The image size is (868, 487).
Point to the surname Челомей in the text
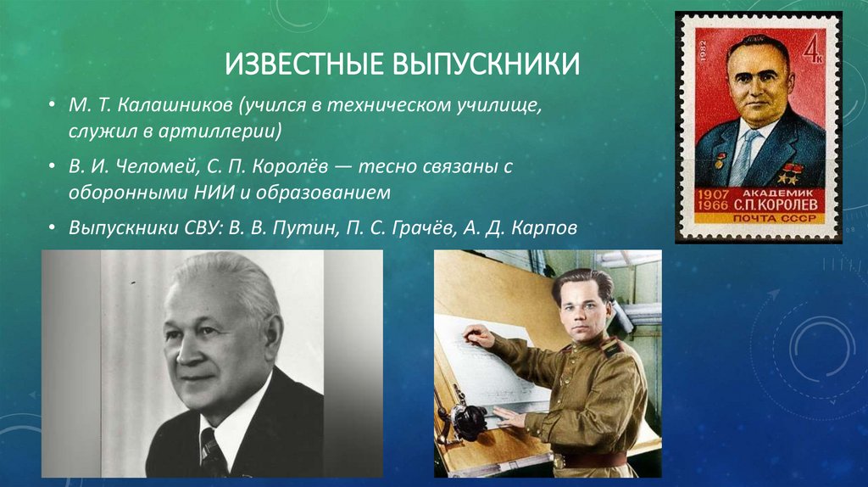(148, 168)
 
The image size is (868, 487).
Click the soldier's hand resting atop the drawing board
(477, 338)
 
